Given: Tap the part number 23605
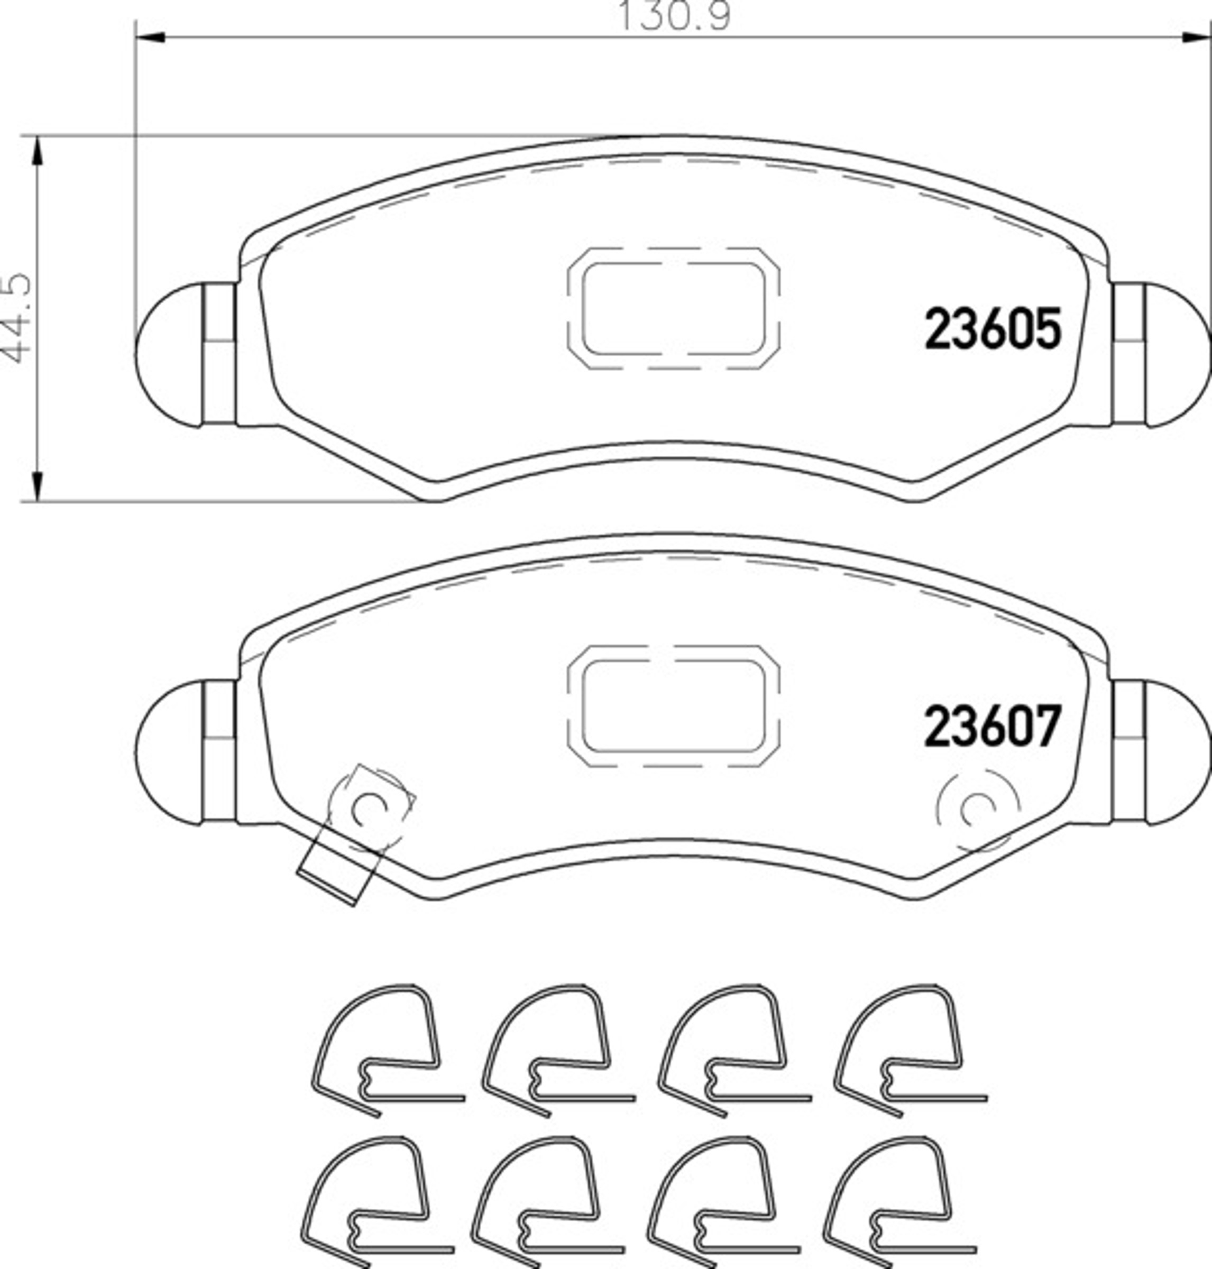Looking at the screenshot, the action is (x=993, y=329).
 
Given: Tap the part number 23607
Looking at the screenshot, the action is (x=993, y=727).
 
